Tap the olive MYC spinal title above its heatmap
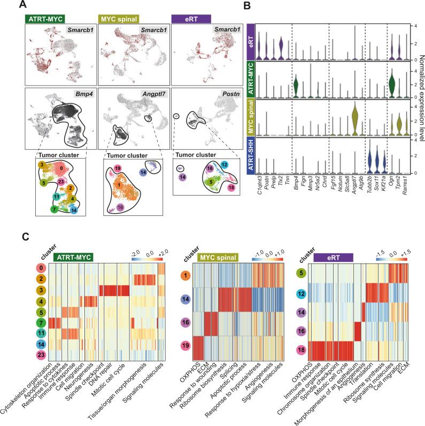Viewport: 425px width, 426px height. click(212, 257)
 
